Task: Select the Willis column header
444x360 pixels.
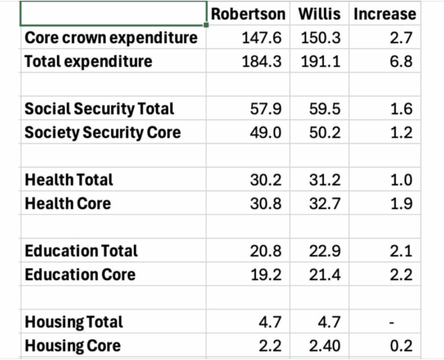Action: pyautogui.click(x=320, y=14)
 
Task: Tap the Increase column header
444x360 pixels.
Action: pyautogui.click(x=385, y=14)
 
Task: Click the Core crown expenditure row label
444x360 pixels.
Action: pyautogui.click(x=111, y=38)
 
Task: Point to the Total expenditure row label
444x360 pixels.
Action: pyautogui.click(x=88, y=61)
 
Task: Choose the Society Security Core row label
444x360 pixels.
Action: pyautogui.click(x=102, y=133)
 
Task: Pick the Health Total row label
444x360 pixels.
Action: pyautogui.click(x=69, y=180)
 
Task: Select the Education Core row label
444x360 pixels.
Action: pyautogui.click(x=80, y=275)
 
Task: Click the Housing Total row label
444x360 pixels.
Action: pyautogui.click(x=74, y=322)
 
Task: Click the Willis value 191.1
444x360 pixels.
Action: pyautogui.click(x=320, y=61)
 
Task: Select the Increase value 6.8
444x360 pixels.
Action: pyautogui.click(x=404, y=61)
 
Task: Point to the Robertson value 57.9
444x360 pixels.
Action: pyautogui.click(x=267, y=109)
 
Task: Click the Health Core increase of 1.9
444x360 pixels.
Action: pyautogui.click(x=404, y=204)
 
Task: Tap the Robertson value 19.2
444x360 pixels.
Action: pyautogui.click(x=267, y=275)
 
